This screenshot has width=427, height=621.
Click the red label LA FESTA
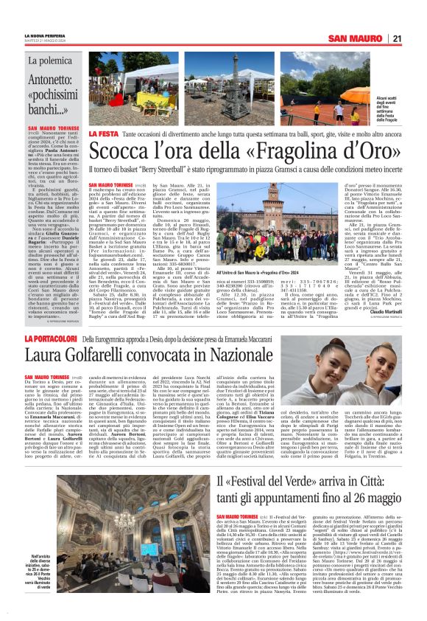102,133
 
